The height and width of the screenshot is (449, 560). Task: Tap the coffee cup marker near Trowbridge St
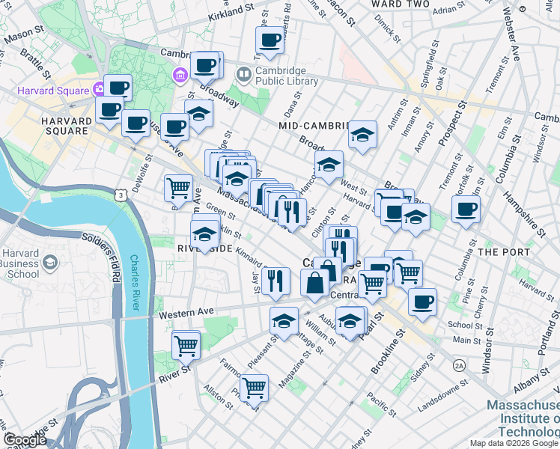click(270, 40)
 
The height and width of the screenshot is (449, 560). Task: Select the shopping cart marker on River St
click(186, 345)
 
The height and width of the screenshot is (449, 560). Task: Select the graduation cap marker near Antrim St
click(362, 135)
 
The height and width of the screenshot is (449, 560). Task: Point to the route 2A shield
click(458, 364)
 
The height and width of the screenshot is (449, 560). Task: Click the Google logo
click(25, 440)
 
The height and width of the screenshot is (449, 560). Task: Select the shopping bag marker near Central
click(314, 284)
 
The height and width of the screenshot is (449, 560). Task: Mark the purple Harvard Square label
click(52, 91)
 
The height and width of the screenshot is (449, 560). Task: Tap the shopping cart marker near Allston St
click(255, 387)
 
